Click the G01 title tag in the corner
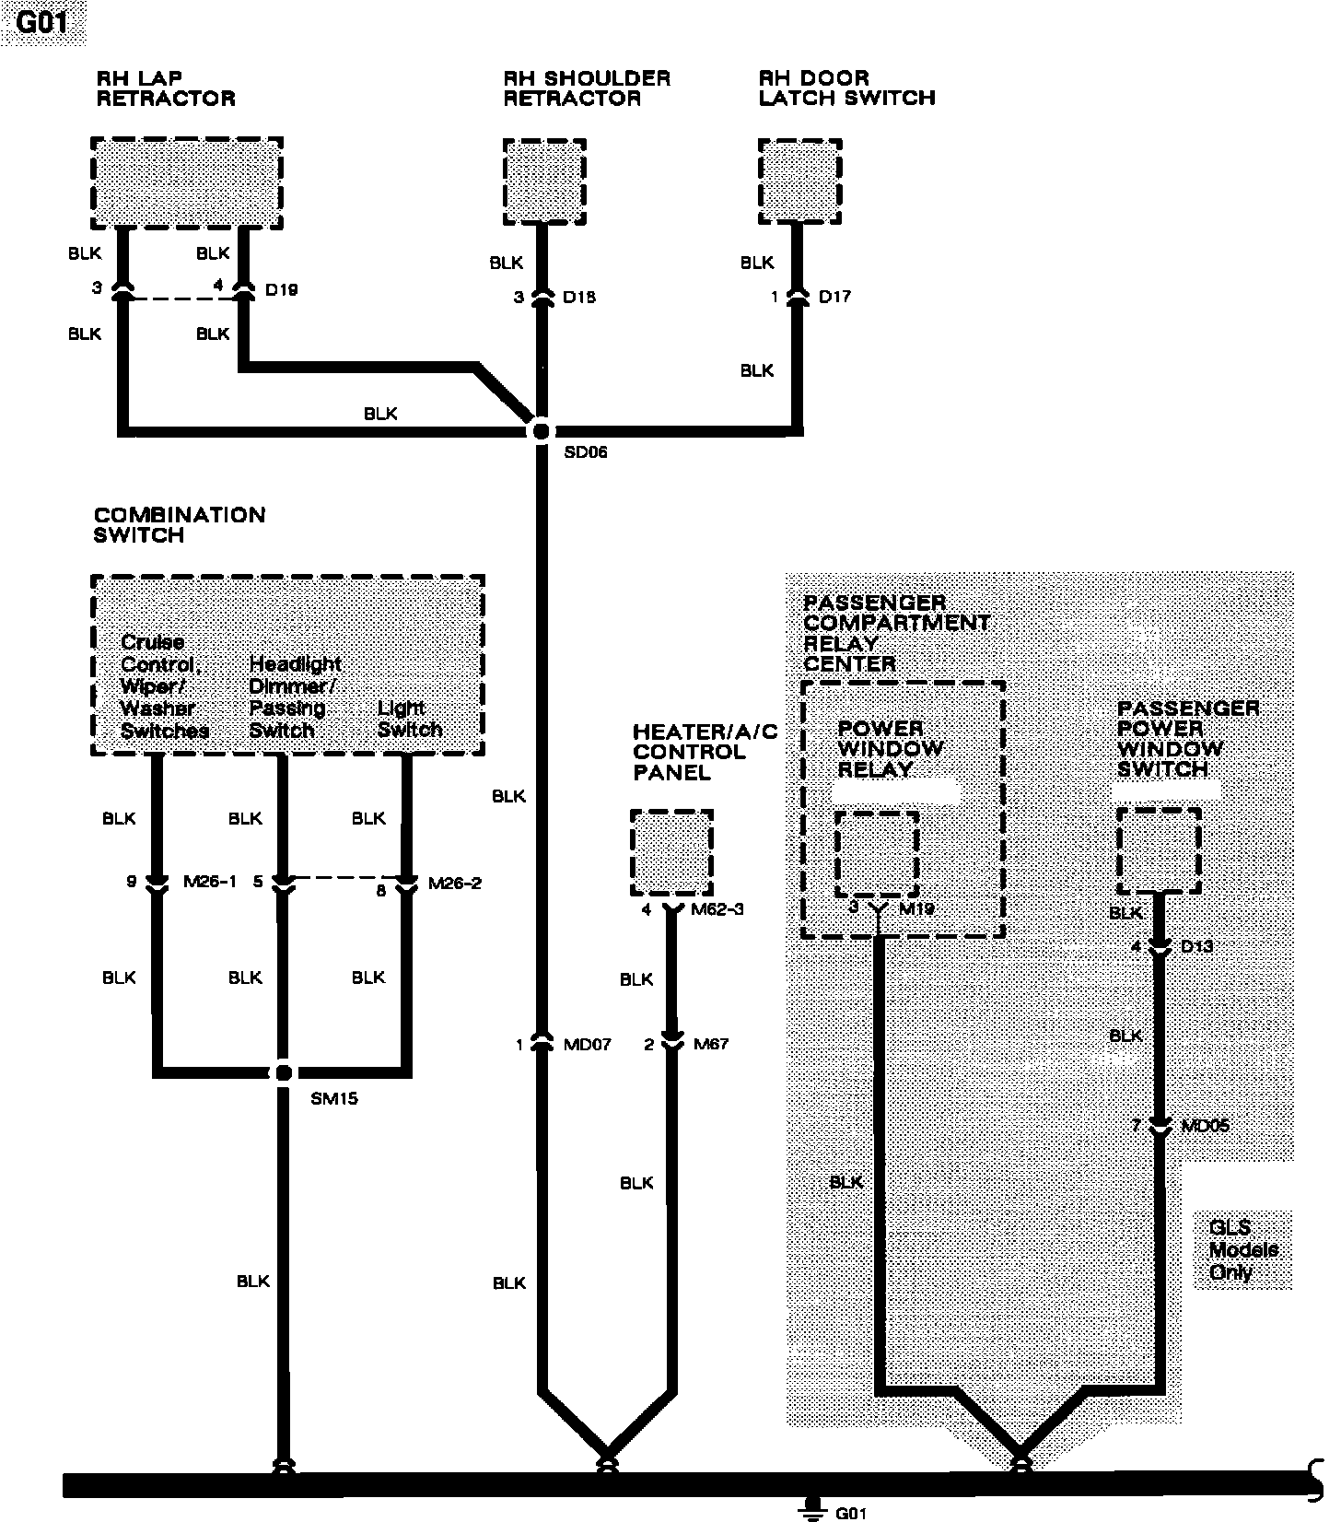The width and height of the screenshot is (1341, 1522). click(x=42, y=22)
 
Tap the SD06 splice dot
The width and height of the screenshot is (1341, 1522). click(x=541, y=430)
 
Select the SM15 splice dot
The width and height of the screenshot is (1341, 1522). click(x=283, y=1072)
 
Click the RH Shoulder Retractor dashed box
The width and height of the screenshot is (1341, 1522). click(x=544, y=181)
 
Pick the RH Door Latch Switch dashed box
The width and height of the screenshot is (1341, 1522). click(x=799, y=181)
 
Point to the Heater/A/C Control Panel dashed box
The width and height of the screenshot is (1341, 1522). click(x=671, y=852)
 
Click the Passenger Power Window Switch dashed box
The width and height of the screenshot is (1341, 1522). click(x=1159, y=850)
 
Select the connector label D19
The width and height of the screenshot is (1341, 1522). click(x=281, y=289)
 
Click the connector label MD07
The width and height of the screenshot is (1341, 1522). click(x=588, y=1045)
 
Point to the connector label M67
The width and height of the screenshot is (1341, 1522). click(x=711, y=1044)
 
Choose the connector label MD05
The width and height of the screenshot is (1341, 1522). click(x=1207, y=1126)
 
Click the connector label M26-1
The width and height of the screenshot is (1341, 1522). click(x=210, y=882)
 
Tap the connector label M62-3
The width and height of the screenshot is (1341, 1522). click(x=717, y=909)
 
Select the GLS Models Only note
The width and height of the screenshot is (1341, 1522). click(x=1242, y=1249)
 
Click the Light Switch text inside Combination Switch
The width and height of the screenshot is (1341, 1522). click(x=410, y=719)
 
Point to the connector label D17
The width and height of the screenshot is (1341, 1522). click(x=834, y=297)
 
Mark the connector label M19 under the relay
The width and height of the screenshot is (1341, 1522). click(x=915, y=909)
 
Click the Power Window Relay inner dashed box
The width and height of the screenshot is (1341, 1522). click(x=876, y=853)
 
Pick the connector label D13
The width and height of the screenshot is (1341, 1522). click(x=1196, y=946)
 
